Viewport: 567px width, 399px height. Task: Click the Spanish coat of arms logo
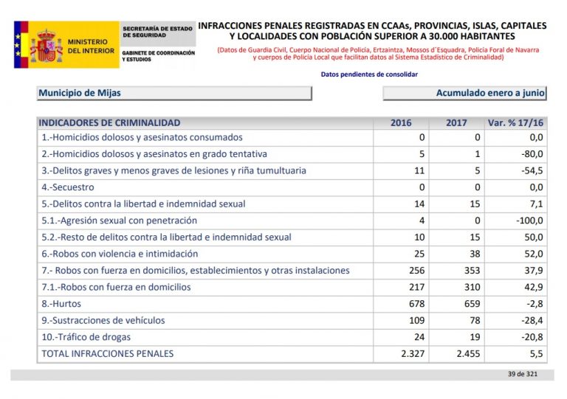(46, 45)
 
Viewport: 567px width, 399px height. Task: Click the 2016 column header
(401, 123)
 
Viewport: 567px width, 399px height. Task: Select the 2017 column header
(456, 123)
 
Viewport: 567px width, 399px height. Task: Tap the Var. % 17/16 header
(515, 123)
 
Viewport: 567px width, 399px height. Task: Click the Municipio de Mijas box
(174, 94)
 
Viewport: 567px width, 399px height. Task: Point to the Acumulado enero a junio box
(464, 94)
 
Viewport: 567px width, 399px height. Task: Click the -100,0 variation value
(528, 221)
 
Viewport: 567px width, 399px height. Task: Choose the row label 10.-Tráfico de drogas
(86, 337)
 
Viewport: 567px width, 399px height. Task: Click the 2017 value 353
(470, 271)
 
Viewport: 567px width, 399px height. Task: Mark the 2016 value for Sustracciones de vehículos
(415, 321)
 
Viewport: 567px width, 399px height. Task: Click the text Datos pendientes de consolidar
(369, 74)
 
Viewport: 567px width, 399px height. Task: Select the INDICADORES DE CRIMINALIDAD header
(109, 123)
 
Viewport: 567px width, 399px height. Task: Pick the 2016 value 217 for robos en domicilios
(415, 287)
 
